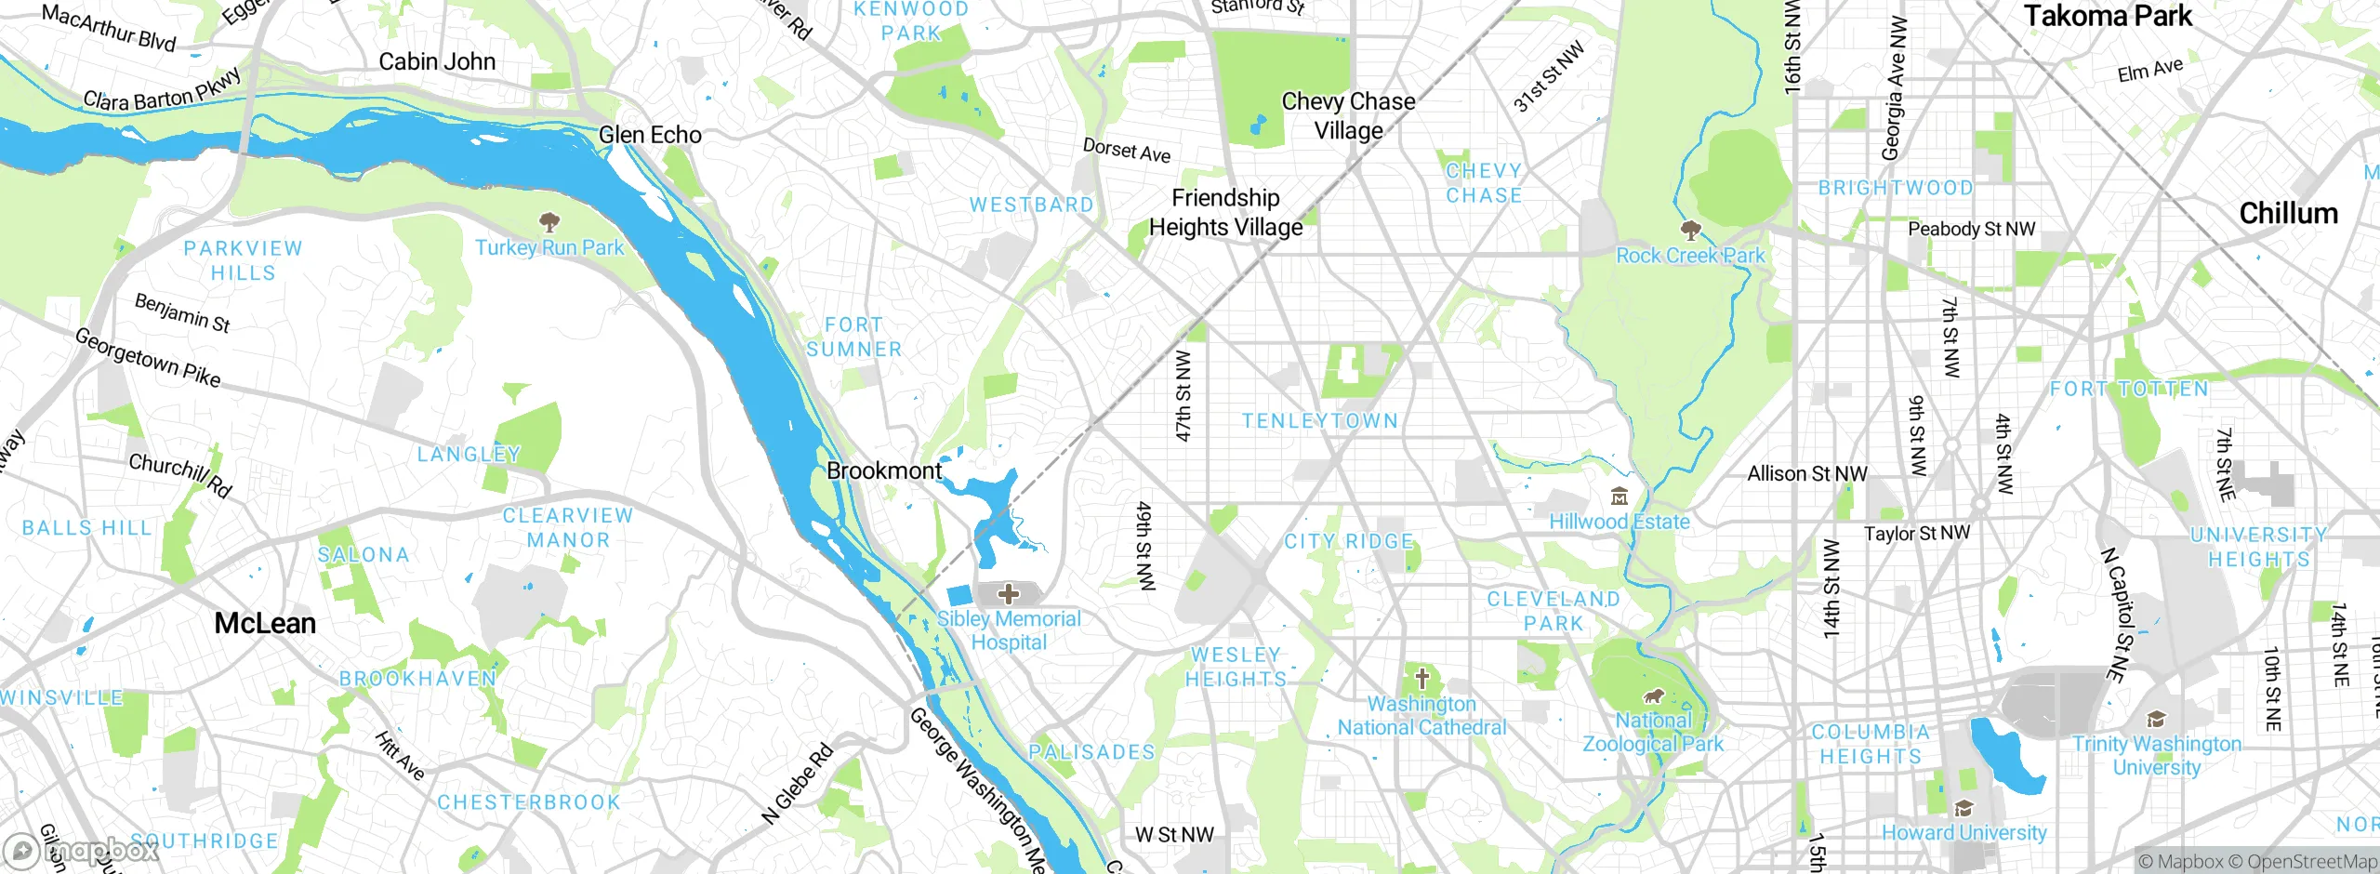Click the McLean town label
click(x=265, y=623)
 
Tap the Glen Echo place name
click(x=650, y=135)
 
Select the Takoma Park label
click(x=2108, y=16)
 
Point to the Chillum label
click(x=2288, y=214)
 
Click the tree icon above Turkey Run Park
click(x=549, y=221)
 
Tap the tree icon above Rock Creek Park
click(x=1690, y=230)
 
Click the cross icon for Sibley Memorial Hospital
click(x=1009, y=593)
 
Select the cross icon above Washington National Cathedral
click(x=1421, y=679)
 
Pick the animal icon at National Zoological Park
click(x=1653, y=695)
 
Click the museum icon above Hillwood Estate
click(x=1620, y=497)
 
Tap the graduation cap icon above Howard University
click(x=1963, y=807)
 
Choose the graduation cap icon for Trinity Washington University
click(x=2156, y=719)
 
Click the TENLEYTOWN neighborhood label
click(x=1320, y=421)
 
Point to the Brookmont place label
click(x=884, y=470)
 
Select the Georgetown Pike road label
click(x=148, y=358)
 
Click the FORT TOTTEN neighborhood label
click(x=2129, y=389)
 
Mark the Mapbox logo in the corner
click(x=82, y=850)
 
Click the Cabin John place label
click(x=437, y=61)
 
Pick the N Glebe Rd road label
click(x=797, y=784)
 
